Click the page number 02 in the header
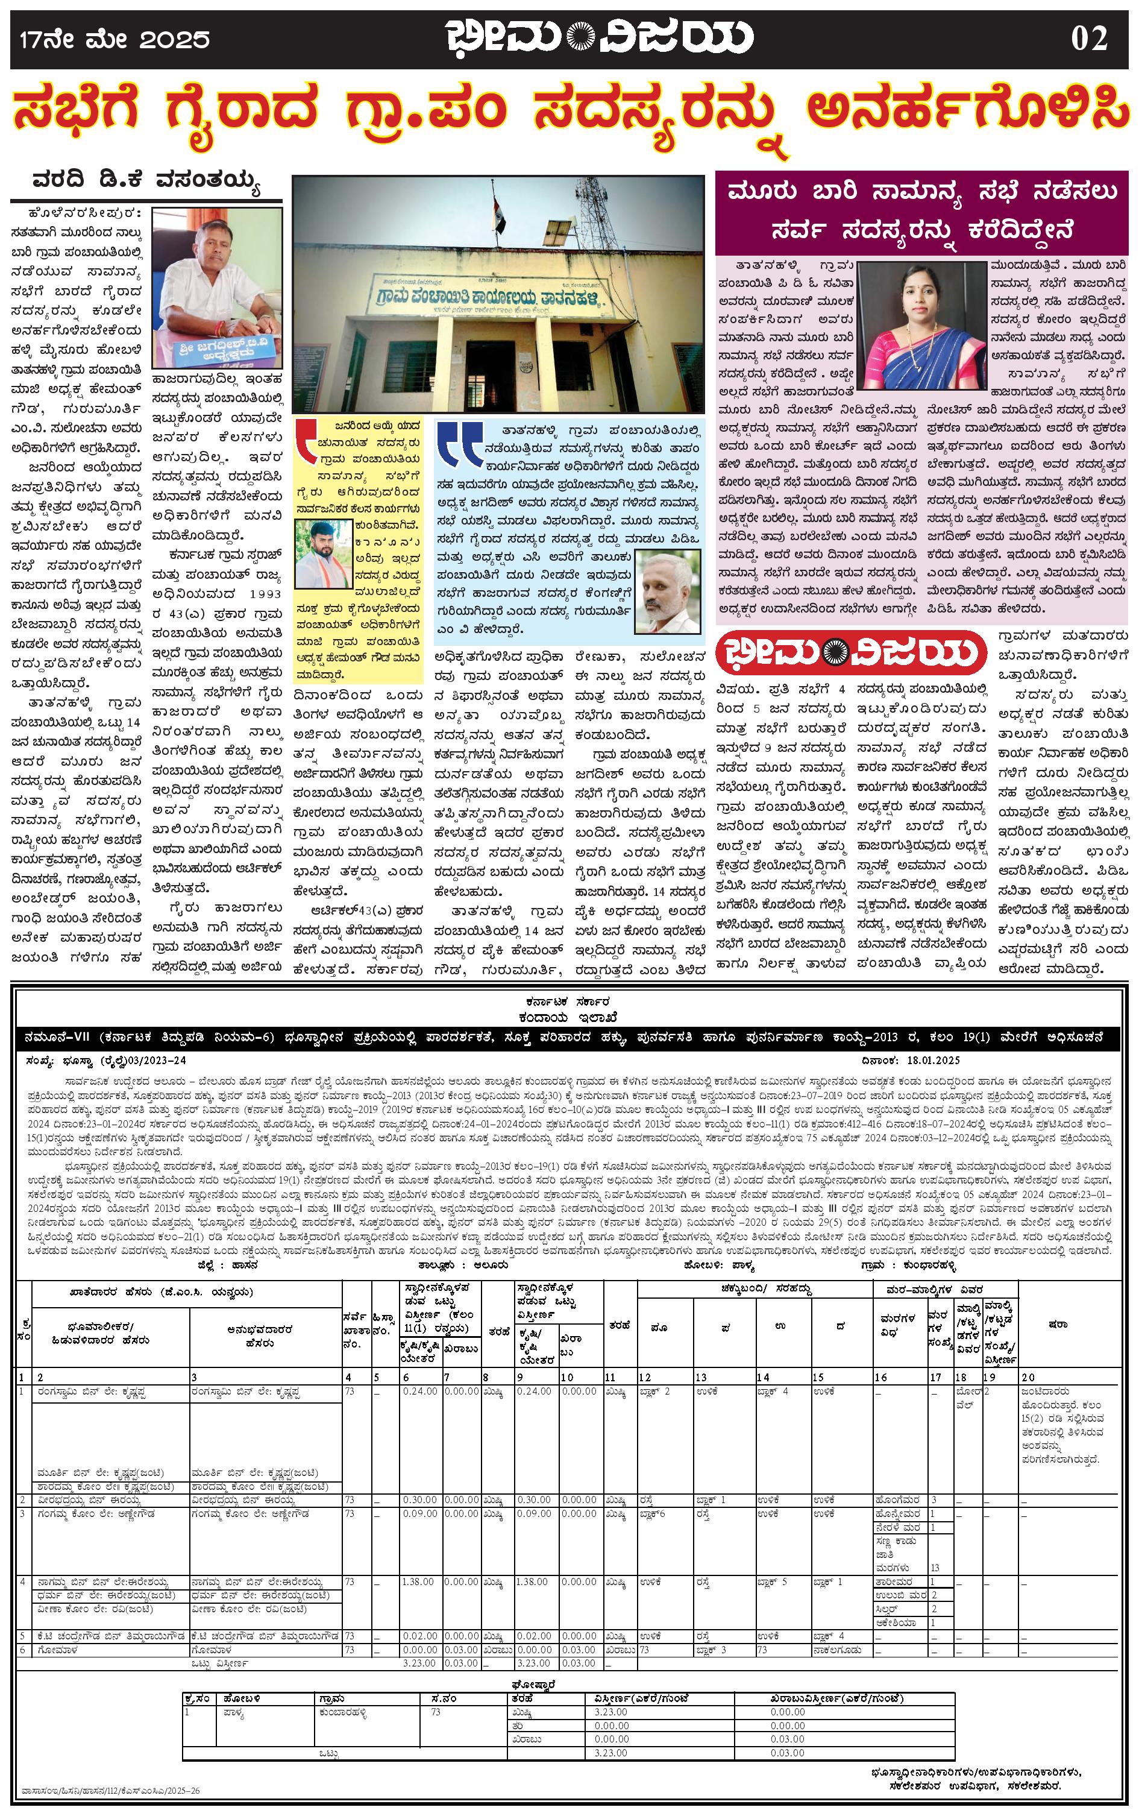point(1088,39)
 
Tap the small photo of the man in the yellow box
point(323,554)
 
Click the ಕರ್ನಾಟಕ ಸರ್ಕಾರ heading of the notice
point(569,1002)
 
